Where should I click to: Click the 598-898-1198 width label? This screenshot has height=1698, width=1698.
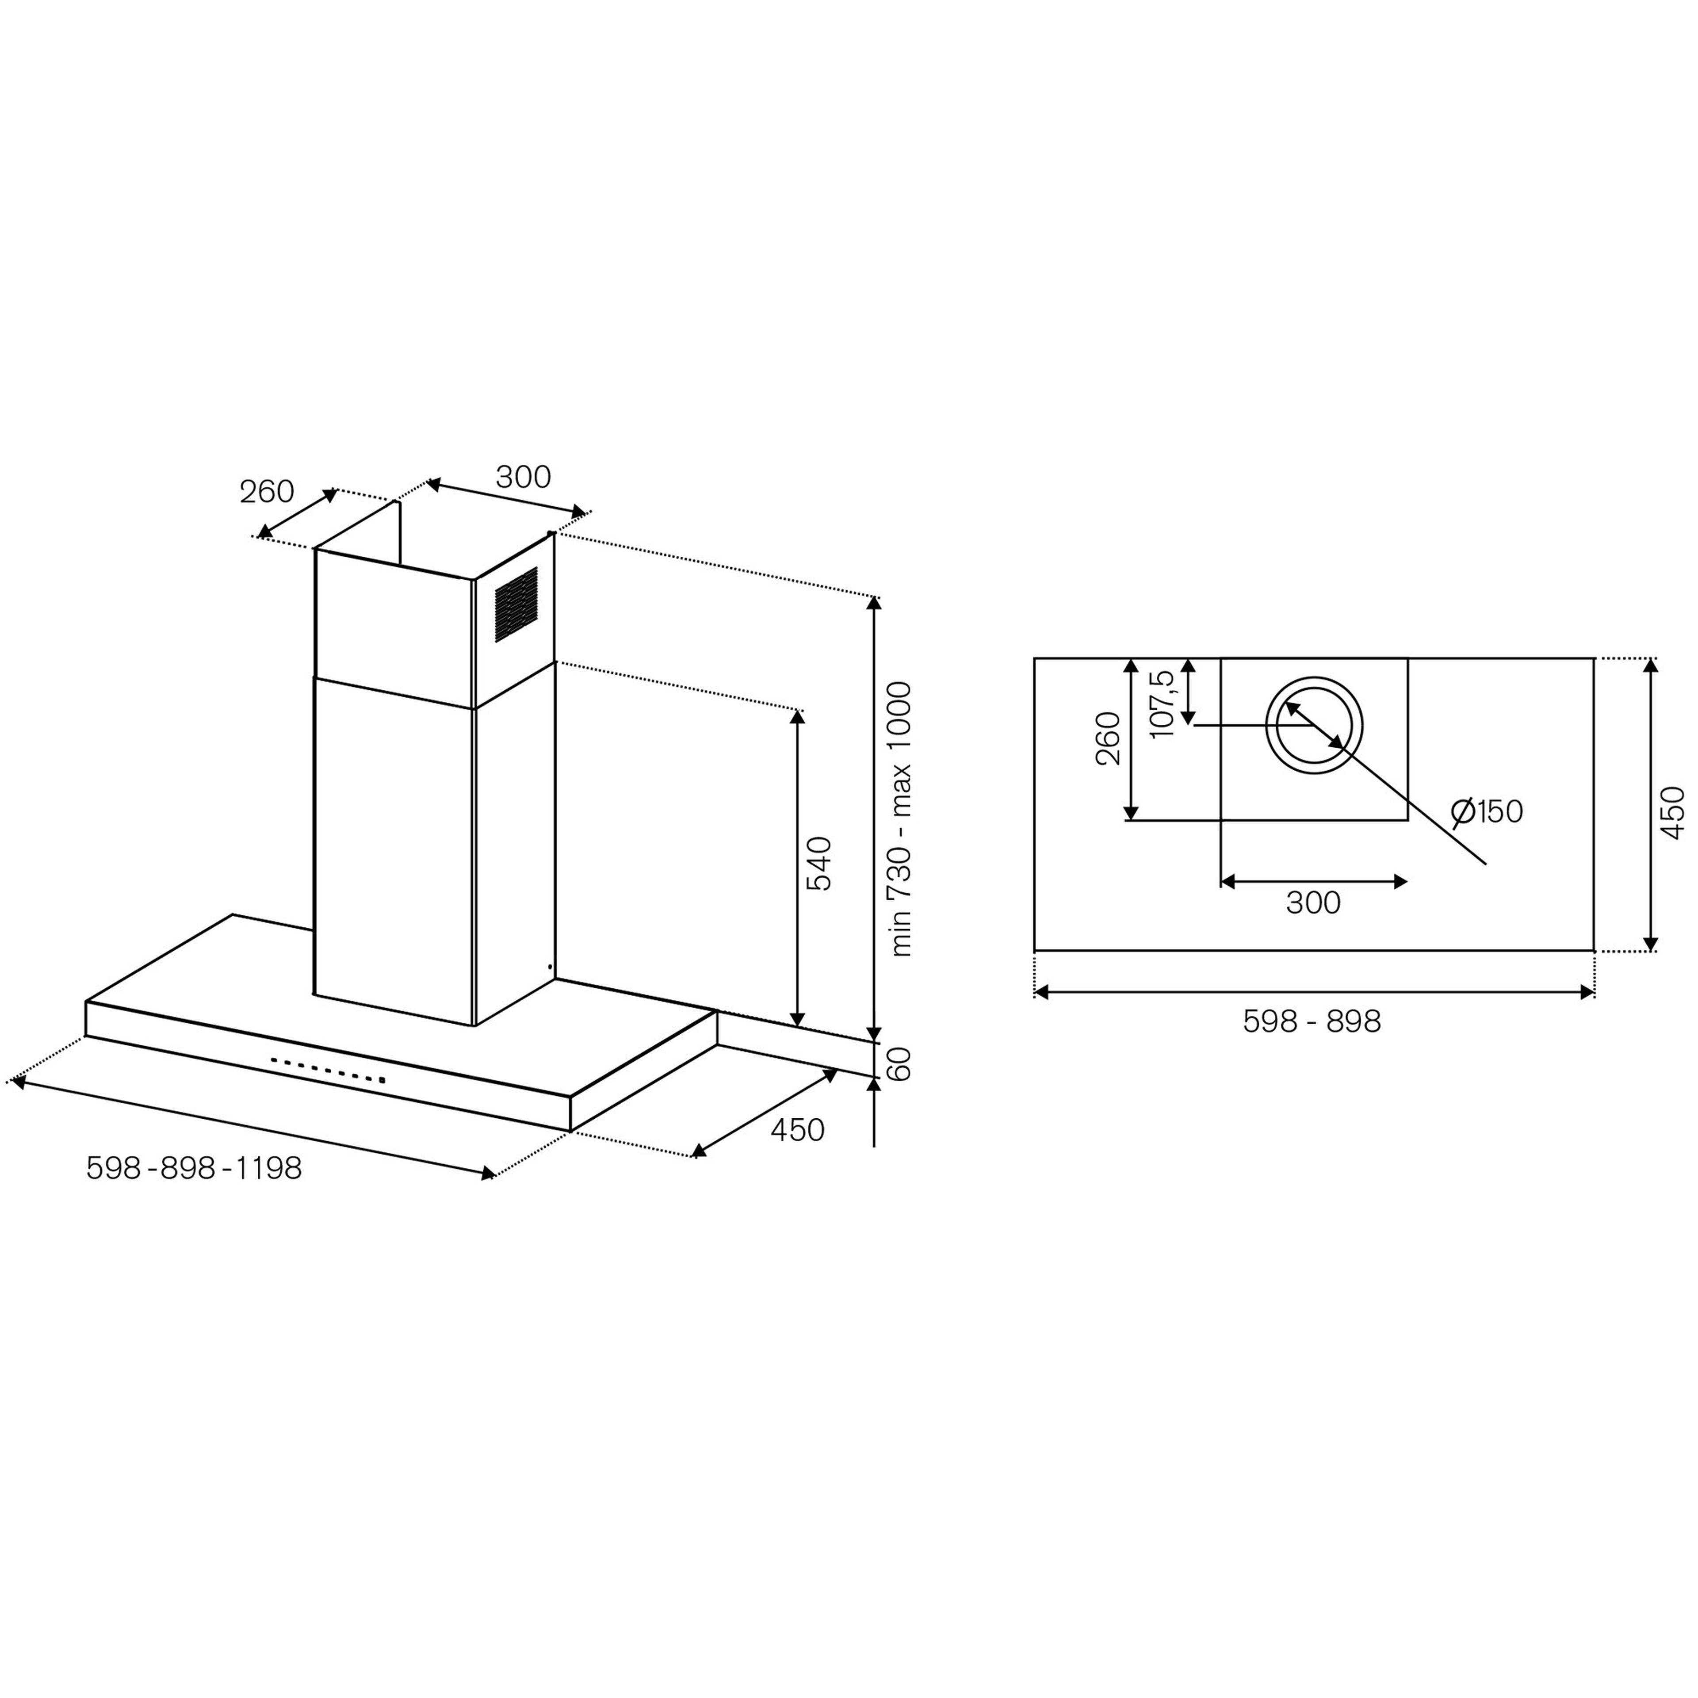pos(194,1168)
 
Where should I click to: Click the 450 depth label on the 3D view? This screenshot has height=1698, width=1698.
pos(797,1130)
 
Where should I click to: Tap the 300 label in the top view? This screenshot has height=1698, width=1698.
pos(1313,903)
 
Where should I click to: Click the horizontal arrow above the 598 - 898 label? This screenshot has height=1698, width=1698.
pos(1314,992)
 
